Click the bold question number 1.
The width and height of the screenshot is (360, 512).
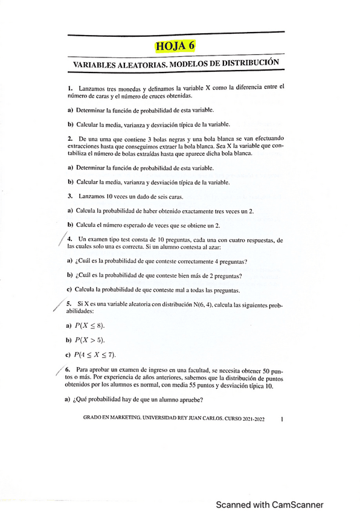[71, 88]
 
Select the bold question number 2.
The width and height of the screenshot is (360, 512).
[71, 139]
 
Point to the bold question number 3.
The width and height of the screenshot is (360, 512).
[71, 196]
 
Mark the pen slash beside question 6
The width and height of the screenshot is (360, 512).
[59, 373]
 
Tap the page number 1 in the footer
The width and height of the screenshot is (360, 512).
[282, 417]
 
